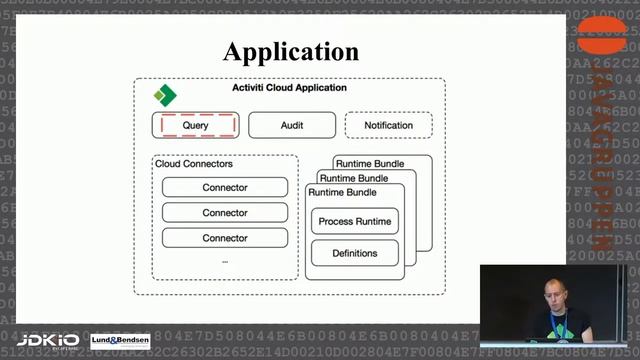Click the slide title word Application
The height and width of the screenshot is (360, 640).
290,51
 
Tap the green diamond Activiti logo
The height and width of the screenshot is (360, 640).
164,96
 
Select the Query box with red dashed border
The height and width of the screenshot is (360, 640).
196,126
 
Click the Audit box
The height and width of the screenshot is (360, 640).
291,126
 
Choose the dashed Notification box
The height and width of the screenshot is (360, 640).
388,126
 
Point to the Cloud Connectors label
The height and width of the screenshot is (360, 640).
194,163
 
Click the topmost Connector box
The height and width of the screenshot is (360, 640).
225,187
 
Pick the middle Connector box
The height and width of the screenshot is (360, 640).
225,213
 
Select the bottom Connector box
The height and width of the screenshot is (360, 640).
225,238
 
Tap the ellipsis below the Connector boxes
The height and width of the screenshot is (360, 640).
225,260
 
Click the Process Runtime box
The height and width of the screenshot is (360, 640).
355,221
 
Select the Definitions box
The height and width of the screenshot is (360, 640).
355,253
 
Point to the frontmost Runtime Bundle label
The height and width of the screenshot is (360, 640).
343,192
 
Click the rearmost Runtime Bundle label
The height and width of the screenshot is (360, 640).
370,163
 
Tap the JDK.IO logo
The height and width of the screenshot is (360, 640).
49,341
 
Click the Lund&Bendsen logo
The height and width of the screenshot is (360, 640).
120,341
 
